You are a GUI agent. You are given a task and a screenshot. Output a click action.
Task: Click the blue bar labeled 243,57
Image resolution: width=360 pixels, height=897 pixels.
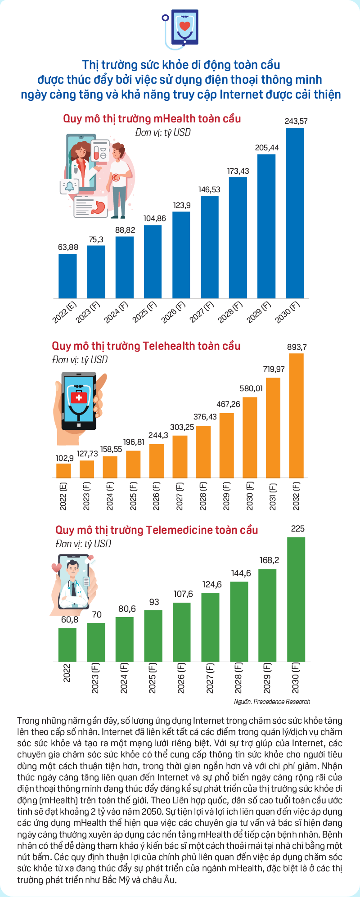(295, 213)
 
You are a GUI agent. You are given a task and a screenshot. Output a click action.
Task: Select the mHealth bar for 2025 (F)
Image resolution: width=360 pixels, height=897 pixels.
(153, 261)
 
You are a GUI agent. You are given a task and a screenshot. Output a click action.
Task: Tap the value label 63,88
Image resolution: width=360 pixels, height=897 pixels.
(68, 247)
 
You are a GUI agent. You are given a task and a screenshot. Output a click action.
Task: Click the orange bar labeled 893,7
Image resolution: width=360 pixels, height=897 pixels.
(296, 415)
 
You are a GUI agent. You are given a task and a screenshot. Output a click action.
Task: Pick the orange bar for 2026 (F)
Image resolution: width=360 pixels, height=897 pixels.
(157, 460)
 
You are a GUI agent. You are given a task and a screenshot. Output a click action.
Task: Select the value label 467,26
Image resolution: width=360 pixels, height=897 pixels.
(228, 404)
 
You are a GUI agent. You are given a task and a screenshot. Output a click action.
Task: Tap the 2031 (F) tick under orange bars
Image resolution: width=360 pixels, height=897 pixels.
(273, 496)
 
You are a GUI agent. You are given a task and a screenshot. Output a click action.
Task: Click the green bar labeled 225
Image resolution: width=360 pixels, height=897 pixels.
(296, 599)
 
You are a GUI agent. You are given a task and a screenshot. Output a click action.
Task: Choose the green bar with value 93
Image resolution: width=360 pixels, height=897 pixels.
(153, 636)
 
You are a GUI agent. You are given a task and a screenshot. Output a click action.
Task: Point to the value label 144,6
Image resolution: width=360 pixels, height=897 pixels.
(241, 573)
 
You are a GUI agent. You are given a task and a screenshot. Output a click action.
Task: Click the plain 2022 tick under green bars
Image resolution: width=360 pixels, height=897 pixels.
(67, 672)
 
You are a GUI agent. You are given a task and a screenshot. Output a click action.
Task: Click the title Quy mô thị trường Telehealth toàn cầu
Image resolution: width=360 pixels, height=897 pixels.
(146, 346)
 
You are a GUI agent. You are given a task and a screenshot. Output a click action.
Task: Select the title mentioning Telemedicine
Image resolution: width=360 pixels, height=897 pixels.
(157, 530)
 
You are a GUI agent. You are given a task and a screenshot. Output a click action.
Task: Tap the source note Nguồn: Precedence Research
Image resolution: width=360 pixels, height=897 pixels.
(272, 702)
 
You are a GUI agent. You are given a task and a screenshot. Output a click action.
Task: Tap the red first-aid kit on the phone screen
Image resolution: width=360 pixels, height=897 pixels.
(79, 398)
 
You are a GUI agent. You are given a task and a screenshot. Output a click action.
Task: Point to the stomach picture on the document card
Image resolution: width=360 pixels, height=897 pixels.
(98, 207)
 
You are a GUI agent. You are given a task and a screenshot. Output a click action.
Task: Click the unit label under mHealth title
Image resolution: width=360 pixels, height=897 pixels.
(162, 133)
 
